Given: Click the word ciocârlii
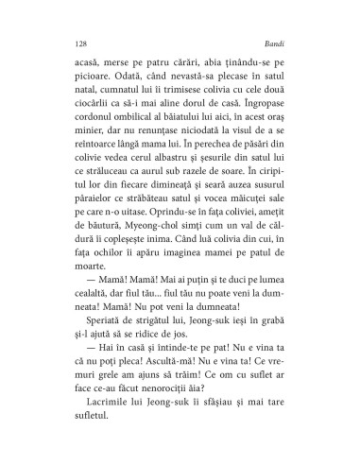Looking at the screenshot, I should [x=93, y=126].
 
